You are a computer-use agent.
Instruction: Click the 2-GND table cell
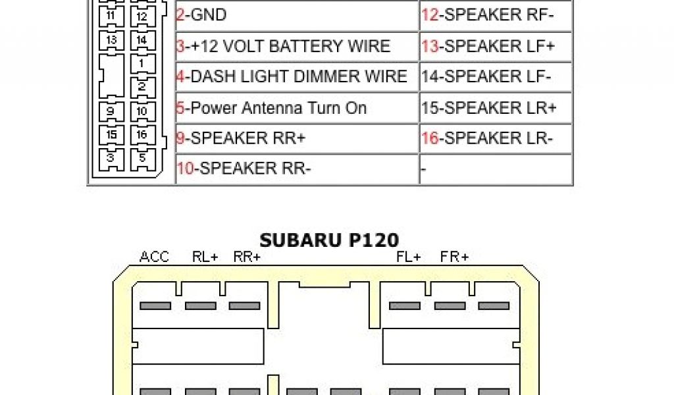[296, 15]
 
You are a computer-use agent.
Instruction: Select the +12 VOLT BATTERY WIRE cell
[296, 46]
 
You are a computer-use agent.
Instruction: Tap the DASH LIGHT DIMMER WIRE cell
[296, 76]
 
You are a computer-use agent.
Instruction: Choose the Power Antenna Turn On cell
[296, 108]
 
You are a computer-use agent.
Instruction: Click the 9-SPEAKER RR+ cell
[296, 138]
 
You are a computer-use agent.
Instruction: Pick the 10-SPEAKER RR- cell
[296, 169]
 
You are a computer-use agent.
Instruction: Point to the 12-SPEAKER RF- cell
[495, 15]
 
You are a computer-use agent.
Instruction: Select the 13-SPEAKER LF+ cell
[495, 46]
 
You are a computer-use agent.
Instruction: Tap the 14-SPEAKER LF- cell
[495, 76]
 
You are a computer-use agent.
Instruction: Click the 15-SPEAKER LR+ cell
[495, 108]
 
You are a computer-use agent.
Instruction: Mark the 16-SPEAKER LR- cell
[495, 138]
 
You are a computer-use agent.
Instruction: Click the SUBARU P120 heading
[329, 239]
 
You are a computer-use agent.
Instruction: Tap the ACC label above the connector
[155, 257]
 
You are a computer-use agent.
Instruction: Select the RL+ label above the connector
[205, 257]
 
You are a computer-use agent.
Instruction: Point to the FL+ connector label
[409, 257]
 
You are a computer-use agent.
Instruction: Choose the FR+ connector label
[455, 257]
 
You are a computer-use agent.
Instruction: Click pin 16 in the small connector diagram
[142, 135]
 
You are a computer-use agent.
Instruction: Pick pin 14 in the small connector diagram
[142, 40]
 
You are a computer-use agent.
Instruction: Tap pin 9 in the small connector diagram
[111, 111]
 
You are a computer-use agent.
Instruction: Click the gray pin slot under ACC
[155, 305]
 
